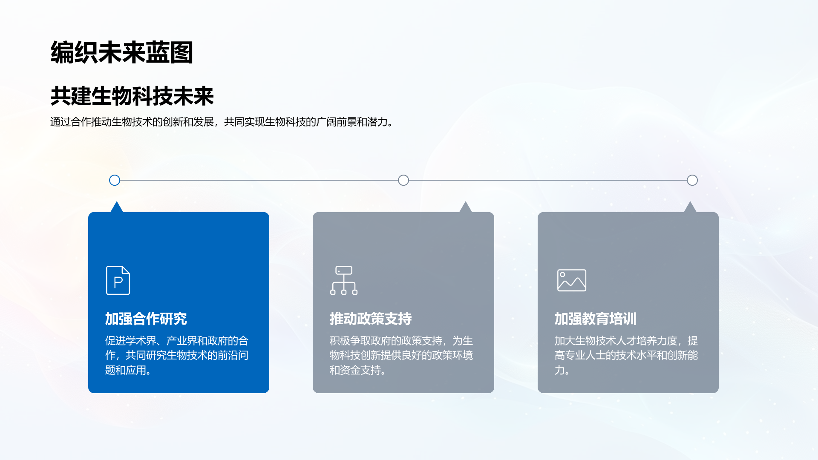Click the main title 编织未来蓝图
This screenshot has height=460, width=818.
(x=122, y=52)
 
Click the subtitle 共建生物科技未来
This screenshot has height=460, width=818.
(x=132, y=96)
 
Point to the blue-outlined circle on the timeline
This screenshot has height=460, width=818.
(x=115, y=180)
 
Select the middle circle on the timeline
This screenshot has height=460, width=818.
(x=403, y=180)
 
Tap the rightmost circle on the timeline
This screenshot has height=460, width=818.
(x=692, y=180)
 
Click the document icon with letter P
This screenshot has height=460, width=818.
(x=118, y=280)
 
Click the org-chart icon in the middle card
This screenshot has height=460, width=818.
(x=344, y=280)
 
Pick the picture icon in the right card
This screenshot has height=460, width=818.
(x=572, y=280)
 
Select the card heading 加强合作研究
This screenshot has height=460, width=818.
(x=146, y=319)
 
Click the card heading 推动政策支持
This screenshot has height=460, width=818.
(x=371, y=319)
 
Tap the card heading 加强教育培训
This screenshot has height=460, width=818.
(x=596, y=319)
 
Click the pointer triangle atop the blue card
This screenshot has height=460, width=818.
(x=117, y=207)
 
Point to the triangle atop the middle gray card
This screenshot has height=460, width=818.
(x=466, y=207)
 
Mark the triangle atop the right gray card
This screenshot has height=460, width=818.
(x=690, y=207)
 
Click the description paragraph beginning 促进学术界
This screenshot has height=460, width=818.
(x=177, y=355)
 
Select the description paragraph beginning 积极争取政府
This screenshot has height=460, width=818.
(x=401, y=355)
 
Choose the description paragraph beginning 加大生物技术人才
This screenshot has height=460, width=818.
(x=626, y=355)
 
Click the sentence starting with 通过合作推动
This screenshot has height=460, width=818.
(x=222, y=122)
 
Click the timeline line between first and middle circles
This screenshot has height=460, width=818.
(x=259, y=180)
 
